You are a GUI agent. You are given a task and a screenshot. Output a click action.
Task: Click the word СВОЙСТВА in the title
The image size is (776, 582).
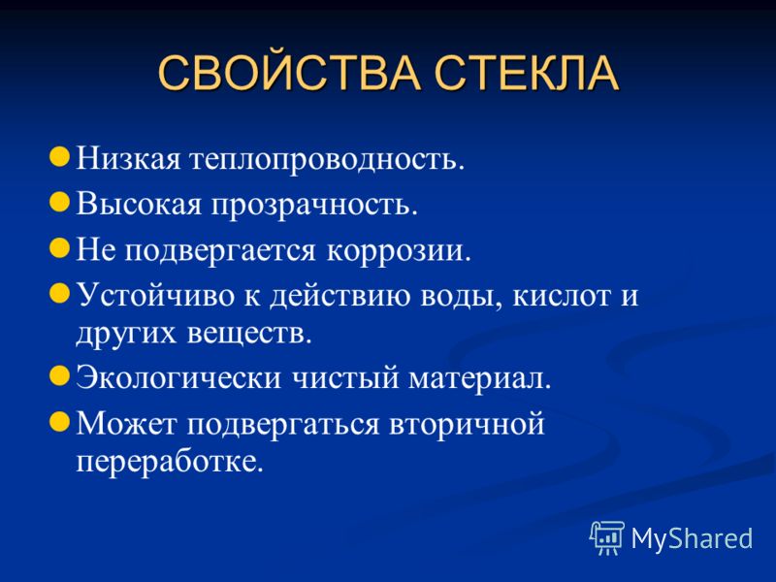tap(289, 73)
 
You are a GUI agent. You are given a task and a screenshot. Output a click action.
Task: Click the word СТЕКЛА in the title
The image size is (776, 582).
tap(527, 74)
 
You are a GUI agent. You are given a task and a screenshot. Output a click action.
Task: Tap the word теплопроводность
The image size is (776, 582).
tap(327, 160)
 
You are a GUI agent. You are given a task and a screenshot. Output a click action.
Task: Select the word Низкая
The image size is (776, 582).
tap(128, 159)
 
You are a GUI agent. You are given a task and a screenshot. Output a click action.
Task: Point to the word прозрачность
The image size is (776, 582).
tap(314, 205)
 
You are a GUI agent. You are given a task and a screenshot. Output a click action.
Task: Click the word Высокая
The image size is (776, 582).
tap(139, 204)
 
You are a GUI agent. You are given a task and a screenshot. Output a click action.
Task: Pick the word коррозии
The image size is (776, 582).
tap(399, 251)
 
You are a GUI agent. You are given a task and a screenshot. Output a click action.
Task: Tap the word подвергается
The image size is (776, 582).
tap(220, 251)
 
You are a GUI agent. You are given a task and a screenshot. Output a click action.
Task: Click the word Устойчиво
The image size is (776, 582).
tap(155, 296)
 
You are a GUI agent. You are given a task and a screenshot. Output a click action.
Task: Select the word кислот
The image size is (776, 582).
tap(562, 296)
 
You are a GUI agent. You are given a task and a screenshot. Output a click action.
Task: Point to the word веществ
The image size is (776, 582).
tap(249, 334)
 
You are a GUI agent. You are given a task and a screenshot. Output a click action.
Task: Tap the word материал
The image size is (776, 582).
tap(479, 378)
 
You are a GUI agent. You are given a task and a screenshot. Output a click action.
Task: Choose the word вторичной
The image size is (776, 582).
tap(467, 425)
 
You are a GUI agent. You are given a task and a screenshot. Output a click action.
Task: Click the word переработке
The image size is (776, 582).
tap(169, 463)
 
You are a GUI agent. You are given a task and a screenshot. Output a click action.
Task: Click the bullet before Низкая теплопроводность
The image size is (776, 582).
tap(59, 157)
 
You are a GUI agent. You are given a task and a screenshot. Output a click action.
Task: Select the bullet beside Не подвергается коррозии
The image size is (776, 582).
tap(59, 248)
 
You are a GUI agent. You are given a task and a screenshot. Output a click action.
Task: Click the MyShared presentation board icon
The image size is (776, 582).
tap(607, 538)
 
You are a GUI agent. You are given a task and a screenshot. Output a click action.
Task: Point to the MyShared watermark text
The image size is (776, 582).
tap(692, 538)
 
